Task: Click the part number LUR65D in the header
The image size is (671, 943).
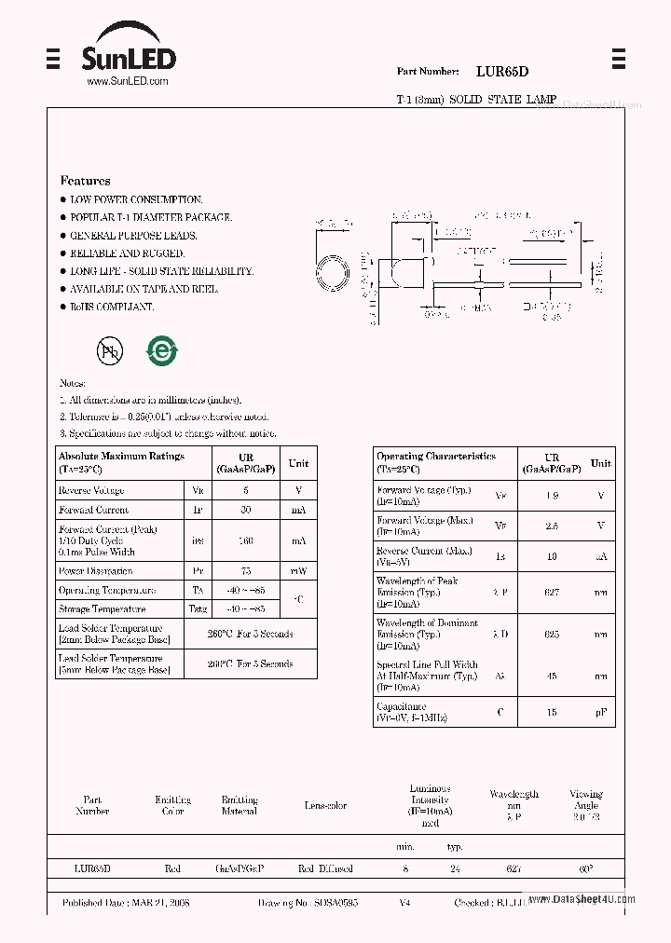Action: [502, 71]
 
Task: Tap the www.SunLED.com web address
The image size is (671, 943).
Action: [127, 82]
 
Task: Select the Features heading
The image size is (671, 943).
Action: [85, 181]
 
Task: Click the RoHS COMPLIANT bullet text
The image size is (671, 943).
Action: [112, 307]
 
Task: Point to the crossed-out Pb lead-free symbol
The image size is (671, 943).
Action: [110, 350]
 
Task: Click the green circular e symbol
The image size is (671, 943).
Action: [161, 350]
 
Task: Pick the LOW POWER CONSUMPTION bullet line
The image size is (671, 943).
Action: [136, 199]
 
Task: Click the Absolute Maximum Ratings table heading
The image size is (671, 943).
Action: [121, 457]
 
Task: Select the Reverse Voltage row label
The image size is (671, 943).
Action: [91, 490]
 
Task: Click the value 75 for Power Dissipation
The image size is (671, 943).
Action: [246, 570]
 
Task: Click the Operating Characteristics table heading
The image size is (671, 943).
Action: [436, 457]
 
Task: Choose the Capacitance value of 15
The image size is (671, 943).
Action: [552, 712]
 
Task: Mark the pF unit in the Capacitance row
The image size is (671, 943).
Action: [601, 712]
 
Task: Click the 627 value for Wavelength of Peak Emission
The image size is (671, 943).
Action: [552, 592]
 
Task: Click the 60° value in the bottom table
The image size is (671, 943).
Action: [586, 868]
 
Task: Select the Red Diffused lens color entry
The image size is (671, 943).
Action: [325, 868]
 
